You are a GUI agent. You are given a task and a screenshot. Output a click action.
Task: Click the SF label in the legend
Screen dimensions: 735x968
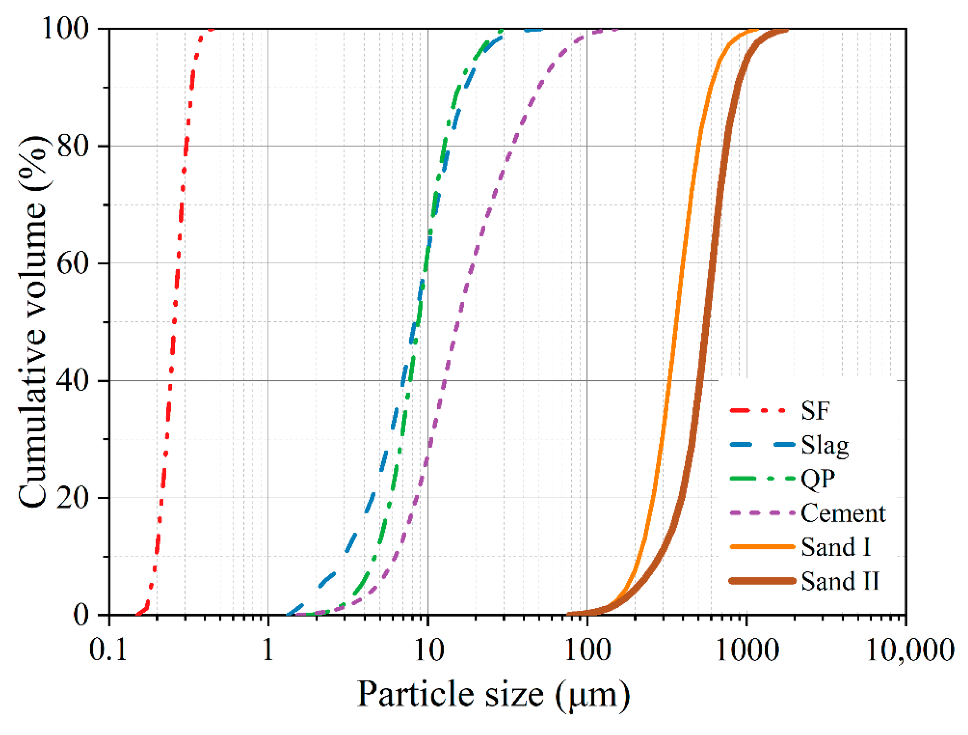click(815, 411)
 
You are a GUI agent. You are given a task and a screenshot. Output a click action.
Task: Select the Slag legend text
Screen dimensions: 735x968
click(825, 445)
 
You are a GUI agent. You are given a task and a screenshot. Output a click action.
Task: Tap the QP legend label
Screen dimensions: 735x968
click(818, 479)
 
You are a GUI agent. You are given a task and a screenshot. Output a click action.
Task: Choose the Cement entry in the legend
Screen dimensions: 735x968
click(843, 513)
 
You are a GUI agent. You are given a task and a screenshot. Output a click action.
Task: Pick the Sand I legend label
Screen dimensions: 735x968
click(835, 547)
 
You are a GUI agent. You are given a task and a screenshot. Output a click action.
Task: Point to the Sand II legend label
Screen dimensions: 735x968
click(840, 581)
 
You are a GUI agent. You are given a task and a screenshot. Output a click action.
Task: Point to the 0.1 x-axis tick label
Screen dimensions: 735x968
click(108, 650)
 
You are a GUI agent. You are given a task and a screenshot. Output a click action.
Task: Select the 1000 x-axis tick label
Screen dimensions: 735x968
click(747, 650)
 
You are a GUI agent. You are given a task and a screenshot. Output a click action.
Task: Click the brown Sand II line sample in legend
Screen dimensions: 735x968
click(762, 581)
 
